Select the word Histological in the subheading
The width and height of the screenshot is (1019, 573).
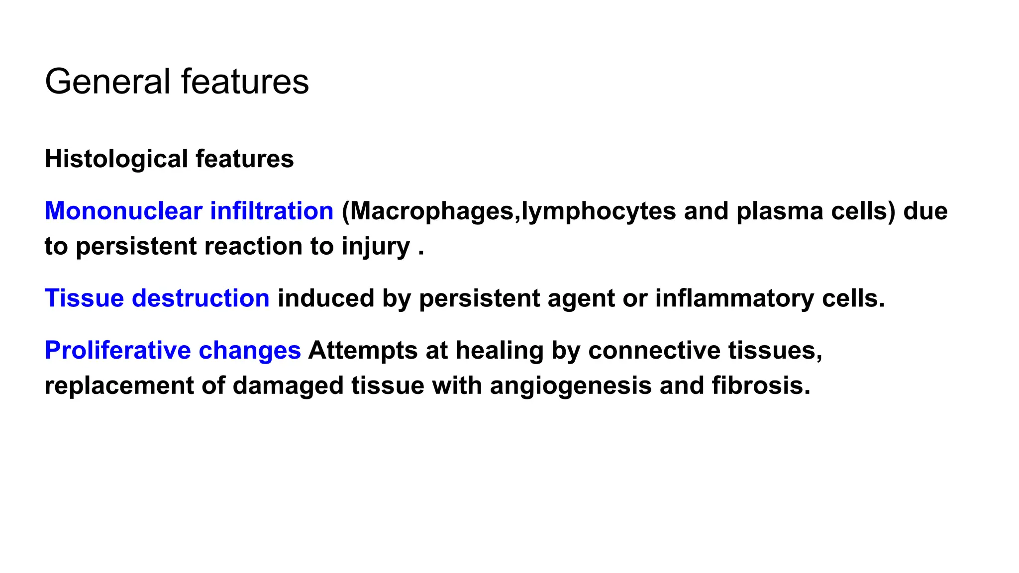tap(116, 159)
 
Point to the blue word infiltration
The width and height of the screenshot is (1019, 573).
tap(272, 211)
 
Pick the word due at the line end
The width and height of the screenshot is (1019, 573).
tap(925, 211)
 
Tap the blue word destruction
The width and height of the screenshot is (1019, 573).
tap(201, 298)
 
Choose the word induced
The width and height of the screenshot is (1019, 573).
tap(325, 298)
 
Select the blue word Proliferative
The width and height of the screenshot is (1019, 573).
tap(117, 350)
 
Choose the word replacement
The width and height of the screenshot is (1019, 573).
tap(119, 386)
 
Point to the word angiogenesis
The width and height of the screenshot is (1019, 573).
tap(571, 386)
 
